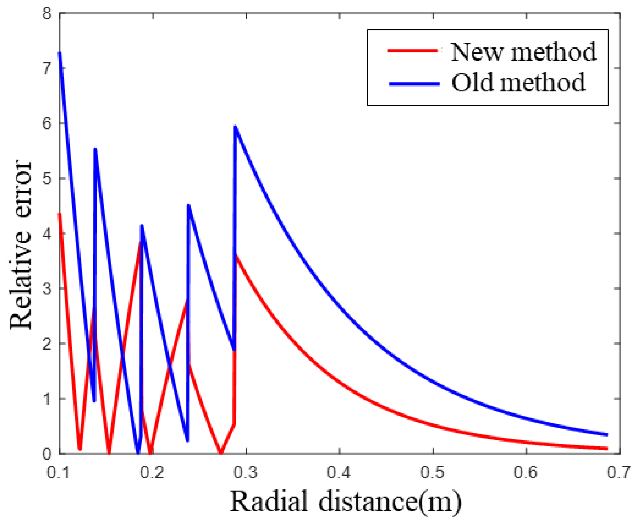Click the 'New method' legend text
tap(523, 52)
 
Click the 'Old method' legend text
tap(518, 83)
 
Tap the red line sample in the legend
tap(412, 50)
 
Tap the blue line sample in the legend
tap(414, 83)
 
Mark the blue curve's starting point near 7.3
tap(60, 54)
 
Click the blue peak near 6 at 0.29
tap(235, 127)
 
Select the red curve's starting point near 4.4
tap(60, 214)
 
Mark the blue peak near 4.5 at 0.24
tap(188, 205)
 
